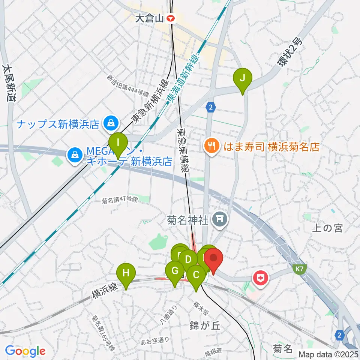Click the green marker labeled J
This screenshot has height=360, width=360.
point(242,79)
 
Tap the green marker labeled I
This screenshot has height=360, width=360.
point(118,143)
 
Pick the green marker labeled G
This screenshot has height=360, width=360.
point(175,271)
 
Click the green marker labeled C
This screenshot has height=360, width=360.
point(196,274)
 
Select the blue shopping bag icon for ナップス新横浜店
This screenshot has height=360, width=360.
point(111,123)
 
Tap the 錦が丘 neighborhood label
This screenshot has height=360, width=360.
point(204,325)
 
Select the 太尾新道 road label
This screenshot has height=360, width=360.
point(9,83)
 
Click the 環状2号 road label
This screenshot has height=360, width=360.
point(289,54)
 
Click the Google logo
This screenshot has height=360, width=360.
point(25,351)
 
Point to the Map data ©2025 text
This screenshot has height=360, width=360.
point(327,354)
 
